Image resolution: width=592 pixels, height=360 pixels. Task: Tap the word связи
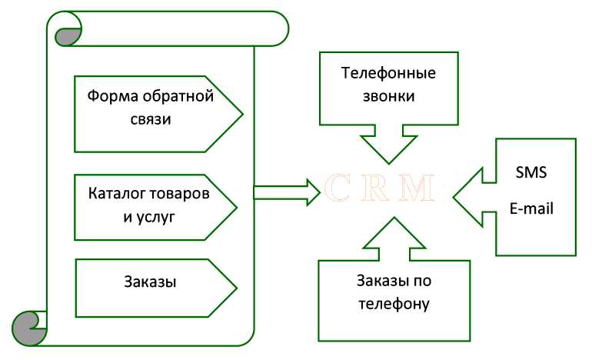(151, 120)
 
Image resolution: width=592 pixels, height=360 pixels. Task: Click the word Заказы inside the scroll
(150, 282)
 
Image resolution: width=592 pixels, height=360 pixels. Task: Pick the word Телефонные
(387, 75)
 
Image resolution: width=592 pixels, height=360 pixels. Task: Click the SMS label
(530, 173)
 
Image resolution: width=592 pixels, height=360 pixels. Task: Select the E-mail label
(532, 208)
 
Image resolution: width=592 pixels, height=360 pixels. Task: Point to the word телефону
(393, 303)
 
